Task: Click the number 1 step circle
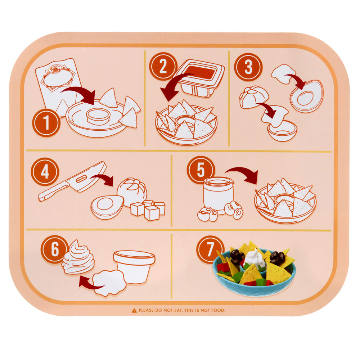point(46,123)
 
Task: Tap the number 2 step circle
point(163,66)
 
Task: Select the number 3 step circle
point(248,67)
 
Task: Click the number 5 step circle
point(201,170)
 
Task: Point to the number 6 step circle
point(55,249)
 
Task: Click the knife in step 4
point(72,182)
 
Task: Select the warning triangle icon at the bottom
point(134,310)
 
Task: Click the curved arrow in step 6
point(88,283)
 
